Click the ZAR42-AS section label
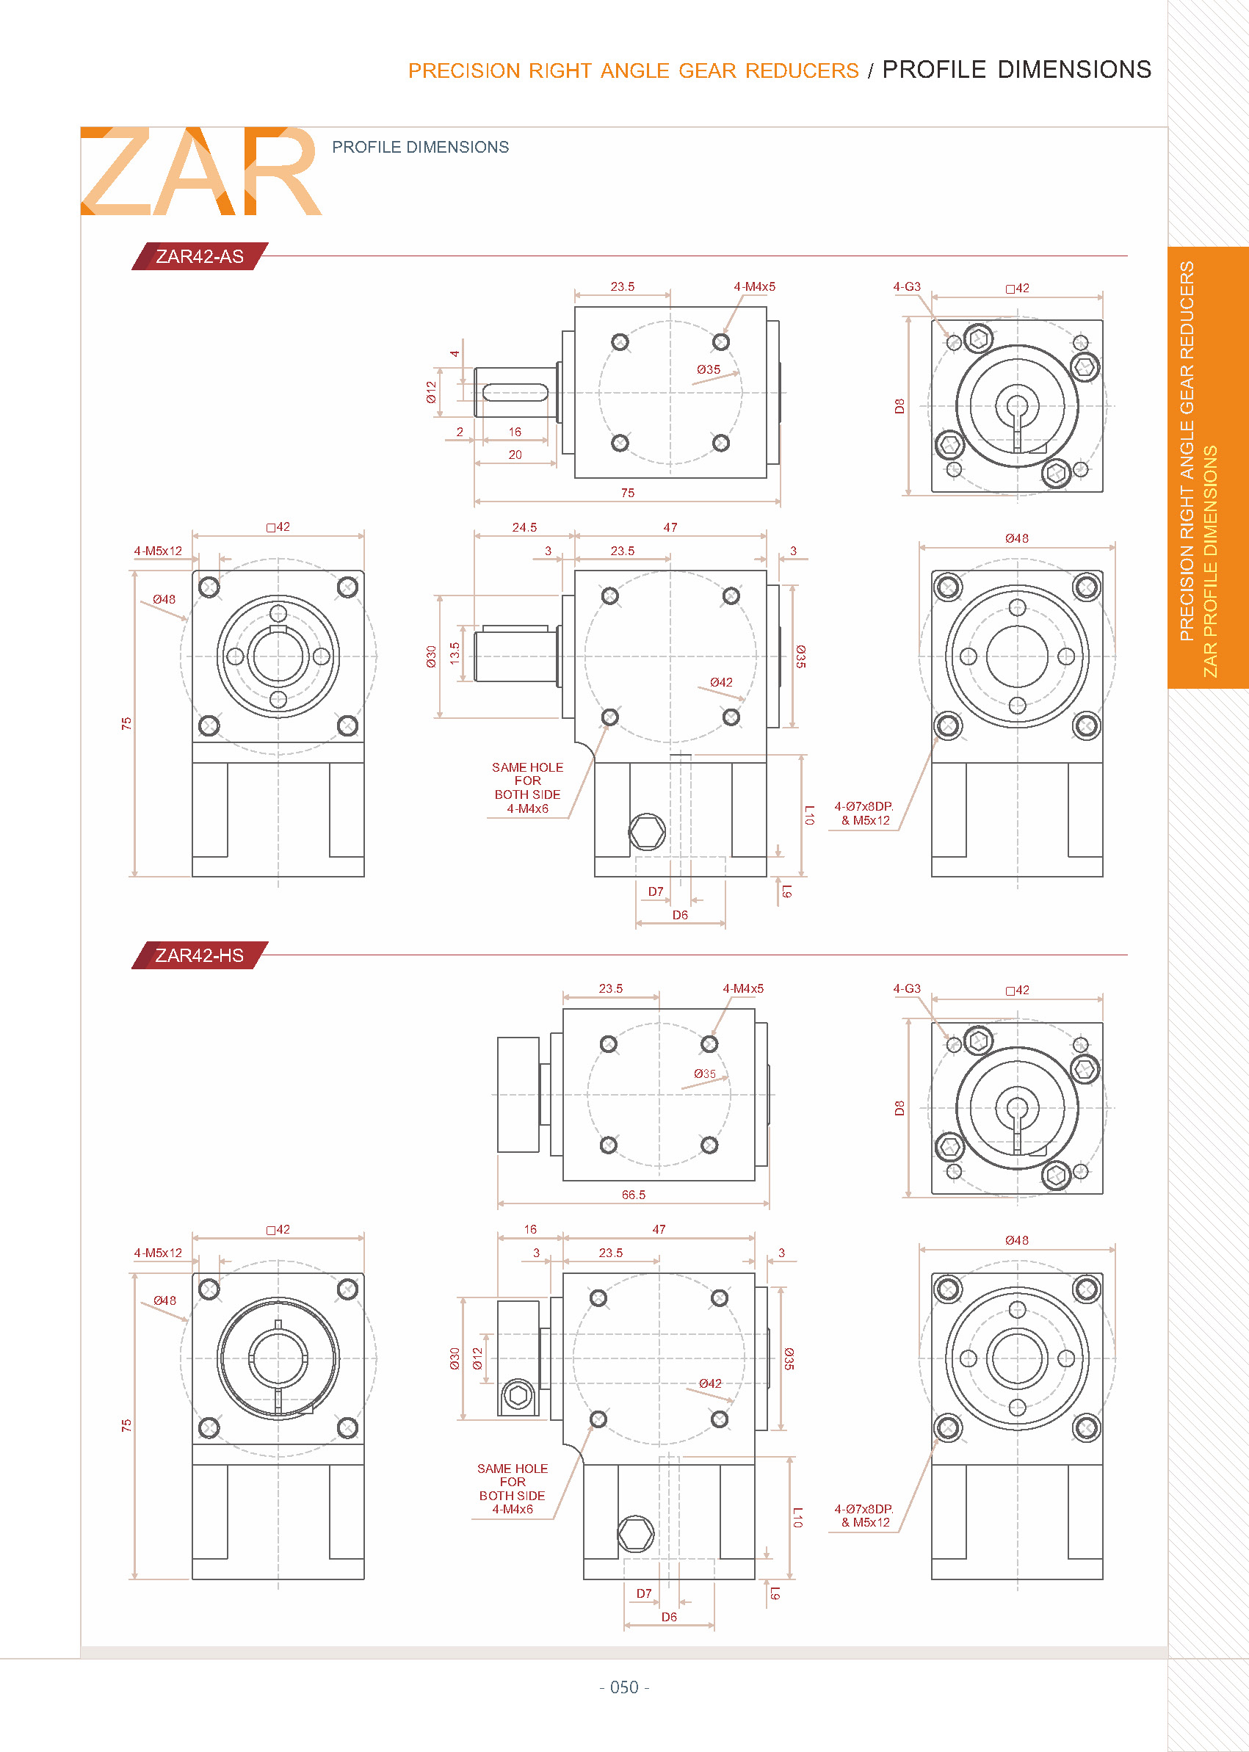(x=199, y=256)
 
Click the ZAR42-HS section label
(x=199, y=955)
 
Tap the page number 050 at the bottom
(x=623, y=1687)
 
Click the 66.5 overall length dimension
(x=633, y=1195)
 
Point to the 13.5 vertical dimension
(x=455, y=653)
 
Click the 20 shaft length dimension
(x=515, y=455)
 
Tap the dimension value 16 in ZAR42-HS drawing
(x=530, y=1229)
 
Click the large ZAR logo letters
(x=200, y=172)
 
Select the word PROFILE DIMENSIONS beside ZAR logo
(x=420, y=147)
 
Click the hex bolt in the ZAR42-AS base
(x=647, y=831)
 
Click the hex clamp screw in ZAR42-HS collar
(x=518, y=1395)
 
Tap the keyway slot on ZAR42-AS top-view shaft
(x=515, y=393)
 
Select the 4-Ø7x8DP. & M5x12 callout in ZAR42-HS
(x=864, y=1515)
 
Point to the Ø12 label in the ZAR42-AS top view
(x=432, y=392)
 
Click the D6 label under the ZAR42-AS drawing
(x=680, y=914)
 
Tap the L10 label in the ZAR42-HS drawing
(x=797, y=1516)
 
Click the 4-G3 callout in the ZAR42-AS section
(x=906, y=286)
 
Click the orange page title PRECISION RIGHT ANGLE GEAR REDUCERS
(x=633, y=70)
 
